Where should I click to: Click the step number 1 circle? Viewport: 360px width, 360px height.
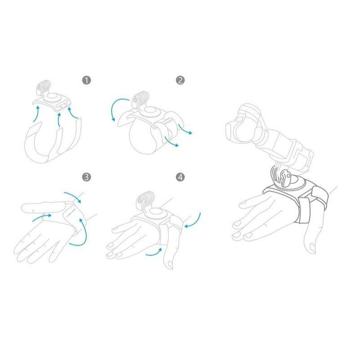pos(86,80)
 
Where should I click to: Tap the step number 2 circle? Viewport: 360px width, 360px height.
pos(180,80)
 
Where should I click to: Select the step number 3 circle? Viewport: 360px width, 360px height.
pos(86,177)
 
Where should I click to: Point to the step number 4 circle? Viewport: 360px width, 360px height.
pos(180,177)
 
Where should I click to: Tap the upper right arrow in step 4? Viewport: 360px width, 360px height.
pos(193,220)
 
